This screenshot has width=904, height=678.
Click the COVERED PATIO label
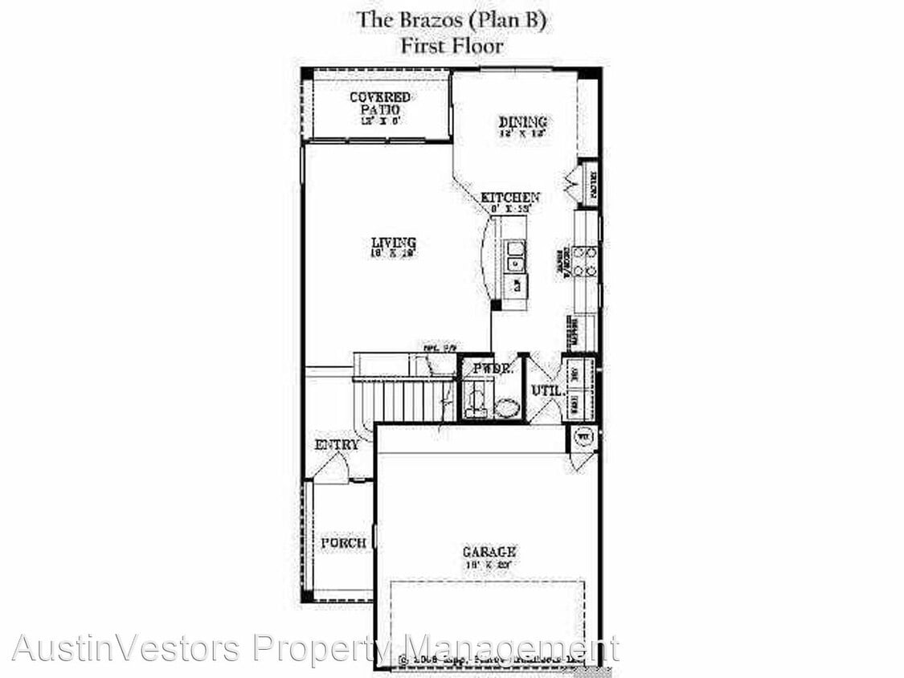[379, 103]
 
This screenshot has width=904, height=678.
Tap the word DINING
[522, 122]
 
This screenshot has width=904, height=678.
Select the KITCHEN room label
[510, 197]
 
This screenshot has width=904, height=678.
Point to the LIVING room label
[393, 242]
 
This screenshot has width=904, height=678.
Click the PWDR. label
[493, 369]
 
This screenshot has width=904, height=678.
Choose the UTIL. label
[546, 391]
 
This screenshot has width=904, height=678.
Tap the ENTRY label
[337, 445]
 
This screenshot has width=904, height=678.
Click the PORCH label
[343, 543]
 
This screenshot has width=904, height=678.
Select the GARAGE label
[489, 552]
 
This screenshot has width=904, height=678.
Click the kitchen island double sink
[514, 257]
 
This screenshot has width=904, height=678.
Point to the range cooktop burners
[585, 261]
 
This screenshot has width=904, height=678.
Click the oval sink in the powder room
[506, 407]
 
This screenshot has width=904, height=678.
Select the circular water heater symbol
[584, 438]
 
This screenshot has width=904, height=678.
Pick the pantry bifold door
[575, 184]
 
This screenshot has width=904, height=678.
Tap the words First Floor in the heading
[452, 46]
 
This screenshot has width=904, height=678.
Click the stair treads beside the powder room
[406, 400]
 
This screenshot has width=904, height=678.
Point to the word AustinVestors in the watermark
[125, 647]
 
